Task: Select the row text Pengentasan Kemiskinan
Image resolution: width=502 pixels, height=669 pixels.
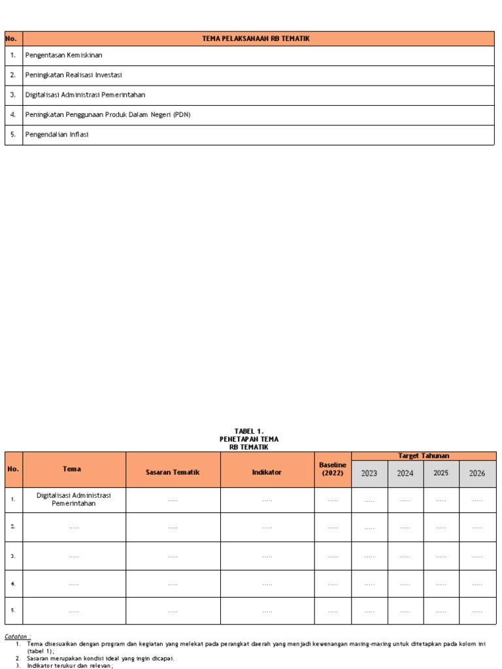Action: pos(63,56)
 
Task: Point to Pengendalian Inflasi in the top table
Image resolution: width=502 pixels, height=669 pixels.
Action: pos(56,135)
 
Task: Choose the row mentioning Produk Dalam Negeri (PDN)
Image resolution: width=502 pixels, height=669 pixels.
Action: pos(107,115)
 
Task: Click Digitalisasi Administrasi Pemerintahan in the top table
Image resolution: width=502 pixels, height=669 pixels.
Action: pos(85,95)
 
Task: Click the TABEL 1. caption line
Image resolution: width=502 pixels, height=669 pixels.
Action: pos(250,431)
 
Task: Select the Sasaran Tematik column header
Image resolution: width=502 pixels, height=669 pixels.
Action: pos(173,472)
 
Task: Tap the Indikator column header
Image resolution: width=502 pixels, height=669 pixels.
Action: pos(267,472)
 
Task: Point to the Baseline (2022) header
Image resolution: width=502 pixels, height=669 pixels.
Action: pos(333,468)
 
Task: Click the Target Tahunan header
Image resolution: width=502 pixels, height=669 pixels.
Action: pos(424,455)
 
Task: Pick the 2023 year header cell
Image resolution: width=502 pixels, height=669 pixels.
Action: pos(369,474)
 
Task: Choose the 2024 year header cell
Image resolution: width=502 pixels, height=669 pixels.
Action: pos(405,474)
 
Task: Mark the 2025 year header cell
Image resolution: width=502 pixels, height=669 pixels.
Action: pos(441,473)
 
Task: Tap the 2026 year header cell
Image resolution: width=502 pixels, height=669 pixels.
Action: pos(477,474)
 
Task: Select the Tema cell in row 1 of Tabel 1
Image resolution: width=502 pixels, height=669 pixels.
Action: pos(74,500)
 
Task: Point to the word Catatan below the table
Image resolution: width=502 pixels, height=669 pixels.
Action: pos(17,636)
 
